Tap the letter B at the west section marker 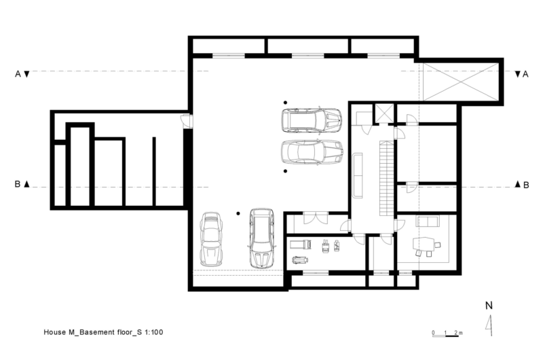click(17, 184)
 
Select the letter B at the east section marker click(525, 184)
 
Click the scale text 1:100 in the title click(153, 333)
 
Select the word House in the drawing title click(55, 333)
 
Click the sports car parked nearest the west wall click(212, 239)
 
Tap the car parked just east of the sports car click(261, 238)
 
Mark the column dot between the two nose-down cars click(238, 215)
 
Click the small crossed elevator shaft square click(384, 113)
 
